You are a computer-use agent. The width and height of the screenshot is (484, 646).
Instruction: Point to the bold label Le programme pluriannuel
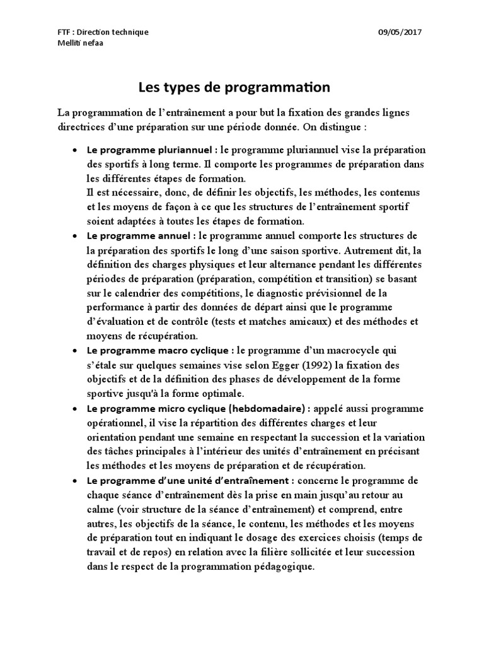pos(151,150)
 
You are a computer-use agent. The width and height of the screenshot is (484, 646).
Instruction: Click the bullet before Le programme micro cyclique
pos(75,408)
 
